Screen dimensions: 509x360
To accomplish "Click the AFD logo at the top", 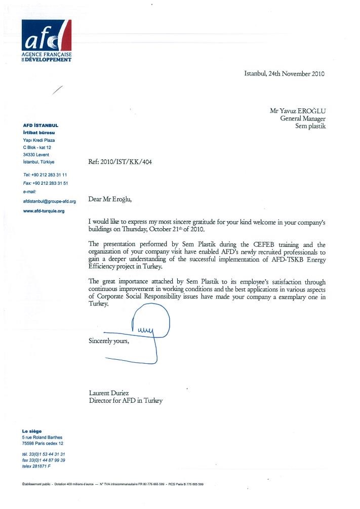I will tap(46, 40).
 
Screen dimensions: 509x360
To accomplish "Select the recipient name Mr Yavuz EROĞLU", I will tap(298, 110).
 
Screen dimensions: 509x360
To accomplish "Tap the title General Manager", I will tap(303, 118).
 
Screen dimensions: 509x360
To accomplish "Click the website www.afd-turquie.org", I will tap(44, 211).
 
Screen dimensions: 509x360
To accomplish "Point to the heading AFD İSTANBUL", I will tap(41, 125).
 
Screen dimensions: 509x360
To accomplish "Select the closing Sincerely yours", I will tap(109, 341).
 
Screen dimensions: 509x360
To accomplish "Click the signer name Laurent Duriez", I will tap(109, 393).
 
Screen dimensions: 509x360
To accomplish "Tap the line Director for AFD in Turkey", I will tap(126, 401).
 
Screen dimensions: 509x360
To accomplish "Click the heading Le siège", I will tap(31, 431).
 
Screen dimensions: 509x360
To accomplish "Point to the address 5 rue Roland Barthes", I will tap(42, 437).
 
